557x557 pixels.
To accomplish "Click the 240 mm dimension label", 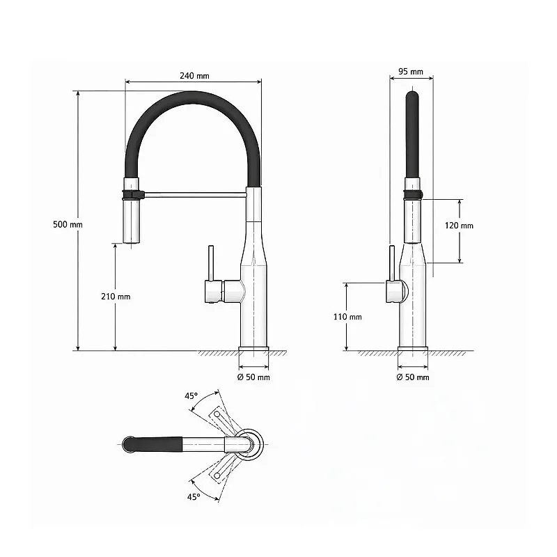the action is pos(194,76).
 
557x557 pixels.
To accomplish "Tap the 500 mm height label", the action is pos(68,224).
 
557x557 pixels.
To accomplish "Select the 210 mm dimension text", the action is pos(116,297).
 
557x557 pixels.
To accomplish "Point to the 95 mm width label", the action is pos(411,72).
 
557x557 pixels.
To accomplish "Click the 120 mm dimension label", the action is pos(459,225).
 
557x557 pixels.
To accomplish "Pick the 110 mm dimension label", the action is pos(347,317).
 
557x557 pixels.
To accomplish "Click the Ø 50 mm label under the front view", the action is pos(253,377).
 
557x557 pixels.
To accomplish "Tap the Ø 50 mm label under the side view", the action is pos(413,377).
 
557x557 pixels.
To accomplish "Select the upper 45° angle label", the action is pos(191,395).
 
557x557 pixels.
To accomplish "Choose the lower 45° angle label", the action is pos(194,496).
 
